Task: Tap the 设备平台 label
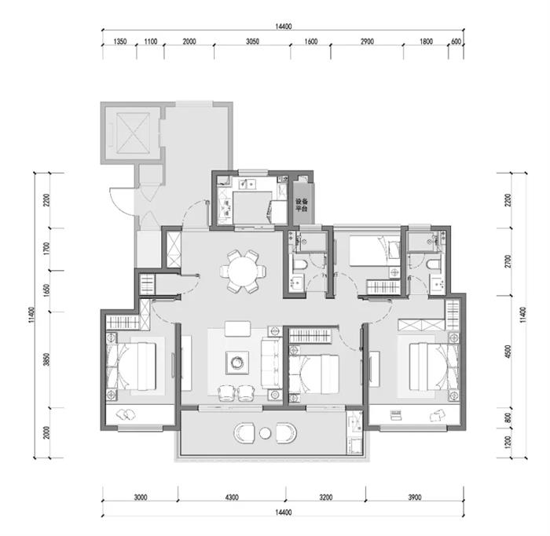301,205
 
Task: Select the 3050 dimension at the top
252,42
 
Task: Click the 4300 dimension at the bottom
232,497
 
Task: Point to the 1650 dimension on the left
46,291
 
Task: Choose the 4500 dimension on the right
508,352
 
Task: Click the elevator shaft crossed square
133,133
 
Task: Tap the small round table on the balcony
266,433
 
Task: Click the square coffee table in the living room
237,363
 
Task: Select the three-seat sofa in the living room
271,363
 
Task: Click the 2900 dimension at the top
367,42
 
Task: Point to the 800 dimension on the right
508,417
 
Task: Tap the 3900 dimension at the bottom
415,497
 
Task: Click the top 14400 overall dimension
283,26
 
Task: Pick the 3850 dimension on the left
46,359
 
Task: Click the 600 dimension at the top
456,42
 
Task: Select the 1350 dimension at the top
119,42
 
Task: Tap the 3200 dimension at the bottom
326,497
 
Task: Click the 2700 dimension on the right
508,261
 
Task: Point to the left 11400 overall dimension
32,315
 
